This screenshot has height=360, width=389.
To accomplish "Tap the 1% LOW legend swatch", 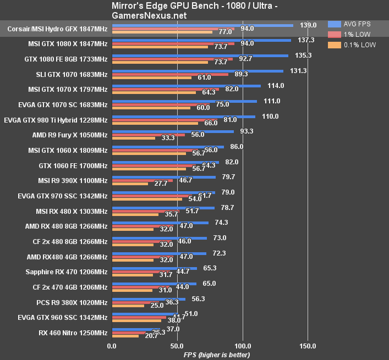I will click(334, 35).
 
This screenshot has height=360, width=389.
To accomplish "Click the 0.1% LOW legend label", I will click(361, 45).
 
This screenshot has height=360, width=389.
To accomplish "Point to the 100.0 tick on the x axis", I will click(242, 346).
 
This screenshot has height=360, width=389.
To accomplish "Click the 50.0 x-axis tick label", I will click(177, 346).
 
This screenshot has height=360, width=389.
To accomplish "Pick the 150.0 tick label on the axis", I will click(308, 346).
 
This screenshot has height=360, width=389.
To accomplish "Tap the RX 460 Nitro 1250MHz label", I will click(73, 333).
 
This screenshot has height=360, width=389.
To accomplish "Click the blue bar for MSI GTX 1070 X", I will click(186, 86).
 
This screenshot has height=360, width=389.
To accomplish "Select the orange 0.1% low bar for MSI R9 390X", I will click(130, 184).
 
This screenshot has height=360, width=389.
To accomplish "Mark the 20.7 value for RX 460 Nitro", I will click(150, 335).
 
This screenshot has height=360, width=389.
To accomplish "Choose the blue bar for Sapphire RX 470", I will click(154, 269).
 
